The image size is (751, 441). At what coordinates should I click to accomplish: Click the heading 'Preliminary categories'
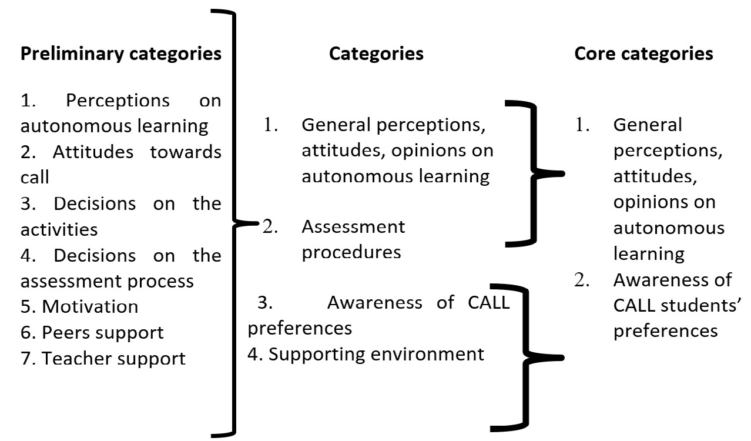pos(121,54)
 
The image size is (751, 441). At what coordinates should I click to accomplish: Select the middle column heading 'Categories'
pos(376,54)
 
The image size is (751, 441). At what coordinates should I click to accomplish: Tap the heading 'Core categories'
pos(643,54)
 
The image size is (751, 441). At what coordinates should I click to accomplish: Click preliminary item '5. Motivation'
pos(79,306)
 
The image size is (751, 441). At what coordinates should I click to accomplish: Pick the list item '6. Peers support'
pos(92,332)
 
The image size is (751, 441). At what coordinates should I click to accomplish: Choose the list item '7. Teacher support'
pos(103,358)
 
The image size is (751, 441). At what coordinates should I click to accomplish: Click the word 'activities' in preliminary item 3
pos(59,229)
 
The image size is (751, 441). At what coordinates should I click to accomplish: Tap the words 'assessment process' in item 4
pos(107,281)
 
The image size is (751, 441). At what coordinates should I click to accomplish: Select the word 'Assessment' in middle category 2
pos(353,226)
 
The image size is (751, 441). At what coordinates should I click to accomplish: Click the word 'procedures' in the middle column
pos(351,252)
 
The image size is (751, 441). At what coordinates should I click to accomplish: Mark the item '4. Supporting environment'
pos(366,354)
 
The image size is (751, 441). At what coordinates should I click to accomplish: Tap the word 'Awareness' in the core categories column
pos(672,279)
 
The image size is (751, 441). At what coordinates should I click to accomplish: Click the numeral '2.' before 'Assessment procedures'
pos(270,227)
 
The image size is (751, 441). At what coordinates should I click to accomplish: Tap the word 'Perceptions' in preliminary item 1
pos(118,101)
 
